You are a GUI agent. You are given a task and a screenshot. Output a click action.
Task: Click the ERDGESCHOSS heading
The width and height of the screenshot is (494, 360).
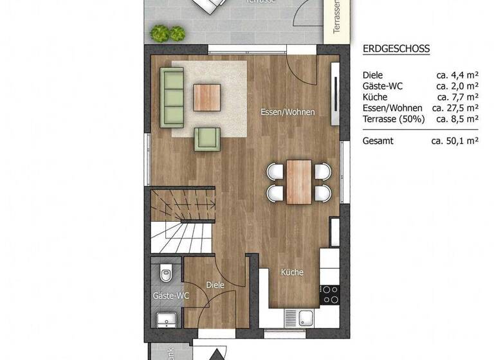coord(396,49)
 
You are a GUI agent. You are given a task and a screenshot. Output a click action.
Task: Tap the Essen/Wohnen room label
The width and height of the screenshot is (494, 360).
coord(288,112)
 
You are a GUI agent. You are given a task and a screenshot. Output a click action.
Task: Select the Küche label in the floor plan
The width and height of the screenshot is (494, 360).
coord(291,273)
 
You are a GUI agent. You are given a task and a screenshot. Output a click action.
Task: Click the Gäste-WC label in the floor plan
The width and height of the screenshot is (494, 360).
coord(170,296)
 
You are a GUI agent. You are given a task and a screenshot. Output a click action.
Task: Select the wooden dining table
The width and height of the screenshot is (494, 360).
coord(299,181)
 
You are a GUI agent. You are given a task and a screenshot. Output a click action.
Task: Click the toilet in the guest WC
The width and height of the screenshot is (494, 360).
coord(166,274)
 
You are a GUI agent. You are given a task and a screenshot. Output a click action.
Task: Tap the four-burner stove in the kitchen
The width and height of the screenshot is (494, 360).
coord(330,294)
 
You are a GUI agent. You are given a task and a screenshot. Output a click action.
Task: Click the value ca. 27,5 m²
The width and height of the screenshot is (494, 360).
coord(455,107)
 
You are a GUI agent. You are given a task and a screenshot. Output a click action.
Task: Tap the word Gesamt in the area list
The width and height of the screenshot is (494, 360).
coord(378,141)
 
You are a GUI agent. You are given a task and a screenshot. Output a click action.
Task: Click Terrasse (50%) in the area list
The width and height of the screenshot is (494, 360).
coord(392,118)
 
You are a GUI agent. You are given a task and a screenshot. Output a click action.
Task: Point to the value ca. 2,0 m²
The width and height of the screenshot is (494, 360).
coord(457,85)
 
